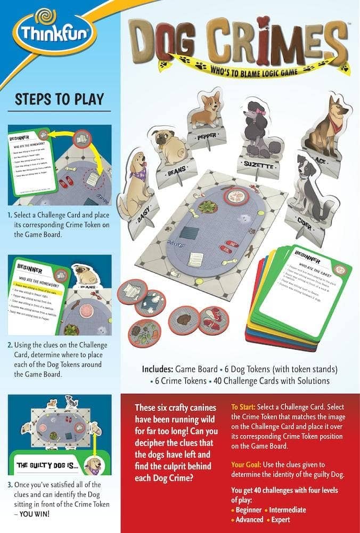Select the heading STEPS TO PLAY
(x=60, y=99)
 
